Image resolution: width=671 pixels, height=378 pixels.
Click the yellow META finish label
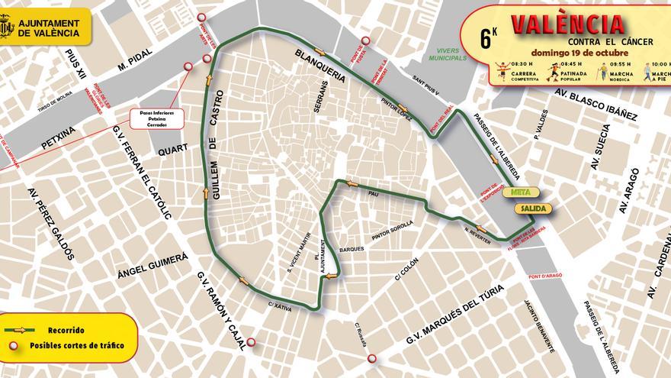521,192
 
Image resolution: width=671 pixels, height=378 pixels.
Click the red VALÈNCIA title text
568,24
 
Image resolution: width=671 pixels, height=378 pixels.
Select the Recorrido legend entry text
66,330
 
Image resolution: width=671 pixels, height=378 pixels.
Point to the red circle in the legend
14,345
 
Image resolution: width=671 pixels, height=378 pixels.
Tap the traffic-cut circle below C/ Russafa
371,358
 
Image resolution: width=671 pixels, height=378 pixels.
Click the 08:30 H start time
501,64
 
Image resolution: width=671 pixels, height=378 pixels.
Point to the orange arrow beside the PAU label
352,183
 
